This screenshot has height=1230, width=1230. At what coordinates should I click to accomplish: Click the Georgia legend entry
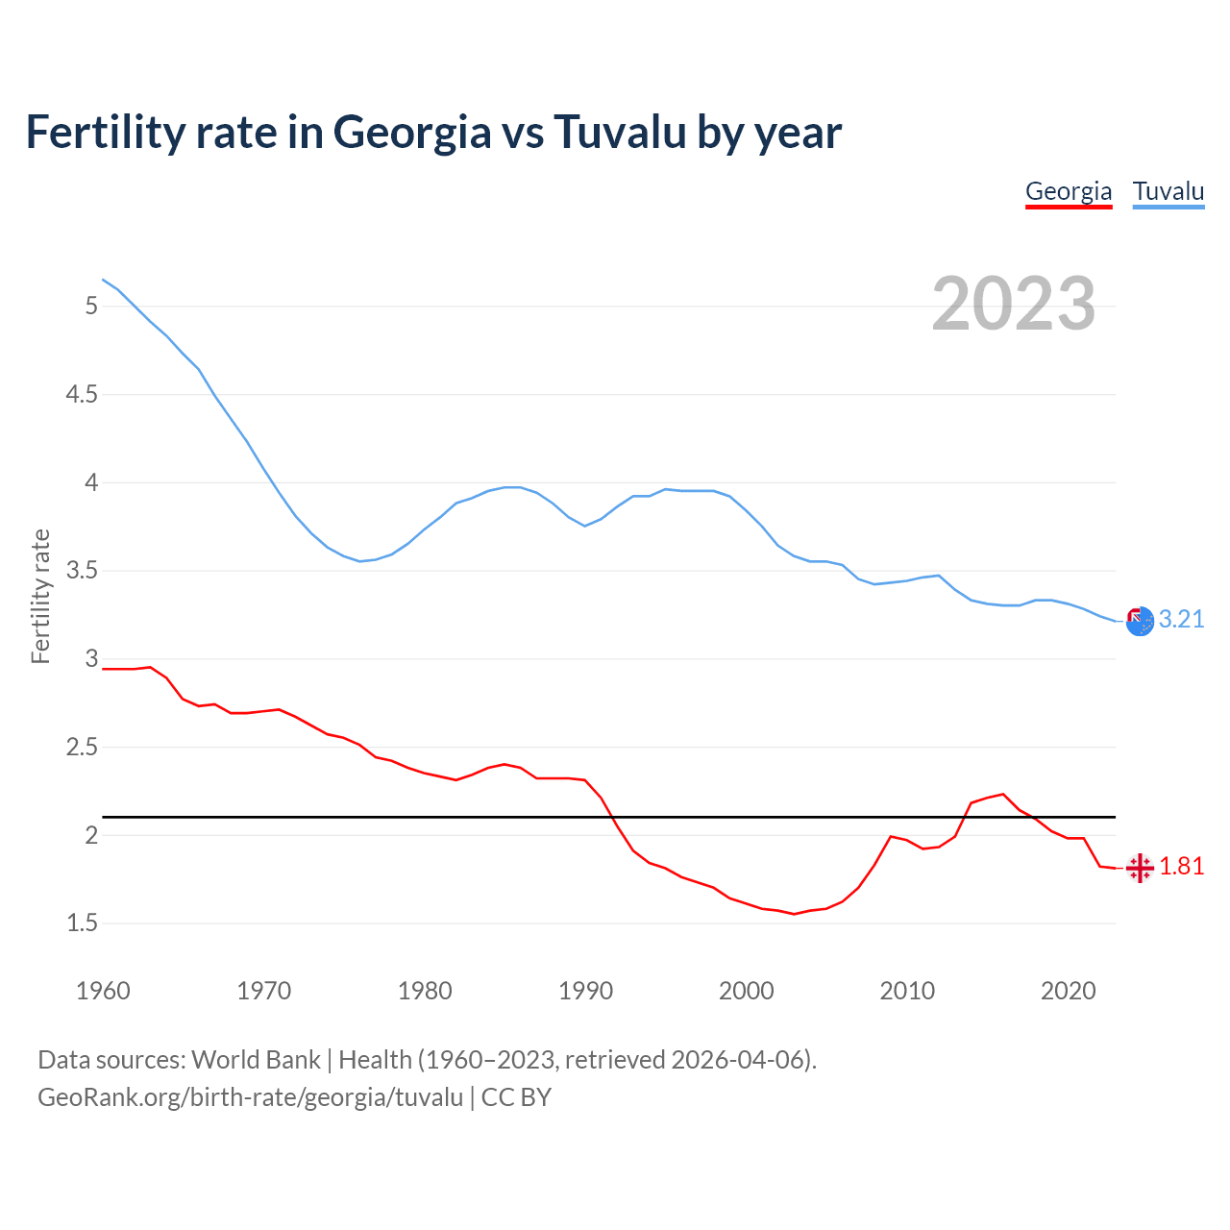pos(1069,191)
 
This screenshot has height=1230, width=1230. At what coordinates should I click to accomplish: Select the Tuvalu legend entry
pos(1168,191)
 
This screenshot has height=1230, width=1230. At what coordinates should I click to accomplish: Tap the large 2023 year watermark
pos(1014,304)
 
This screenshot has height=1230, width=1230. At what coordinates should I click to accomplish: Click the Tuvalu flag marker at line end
pos(1140,621)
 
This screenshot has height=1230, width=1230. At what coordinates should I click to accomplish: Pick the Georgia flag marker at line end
pos(1140,868)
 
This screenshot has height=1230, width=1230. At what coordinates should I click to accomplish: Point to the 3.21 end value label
pos(1181,620)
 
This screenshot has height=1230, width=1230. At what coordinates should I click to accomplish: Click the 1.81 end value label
pos(1181,867)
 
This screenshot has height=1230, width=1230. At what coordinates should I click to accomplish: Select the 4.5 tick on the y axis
pos(82,395)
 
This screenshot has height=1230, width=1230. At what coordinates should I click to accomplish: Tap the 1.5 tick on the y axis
pos(82,923)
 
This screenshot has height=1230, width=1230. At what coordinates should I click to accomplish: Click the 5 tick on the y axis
pos(91,307)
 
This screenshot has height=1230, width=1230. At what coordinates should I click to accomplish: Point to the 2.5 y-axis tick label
pos(82,748)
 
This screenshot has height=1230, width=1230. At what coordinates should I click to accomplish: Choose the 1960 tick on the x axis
pos(103,991)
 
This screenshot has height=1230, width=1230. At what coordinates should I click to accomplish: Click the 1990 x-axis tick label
pos(585,991)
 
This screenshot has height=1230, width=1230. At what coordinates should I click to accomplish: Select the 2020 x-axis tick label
pos(1068,991)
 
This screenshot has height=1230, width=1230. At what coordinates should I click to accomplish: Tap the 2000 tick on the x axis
pos(746,991)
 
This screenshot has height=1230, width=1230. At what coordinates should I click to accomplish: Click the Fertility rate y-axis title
pos(40,596)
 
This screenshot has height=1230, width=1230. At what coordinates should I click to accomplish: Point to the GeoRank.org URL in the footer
pos(250,1097)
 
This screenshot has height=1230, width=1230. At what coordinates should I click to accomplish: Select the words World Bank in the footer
pos(256,1060)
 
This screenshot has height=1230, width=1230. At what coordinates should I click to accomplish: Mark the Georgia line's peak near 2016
pos(1003,794)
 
